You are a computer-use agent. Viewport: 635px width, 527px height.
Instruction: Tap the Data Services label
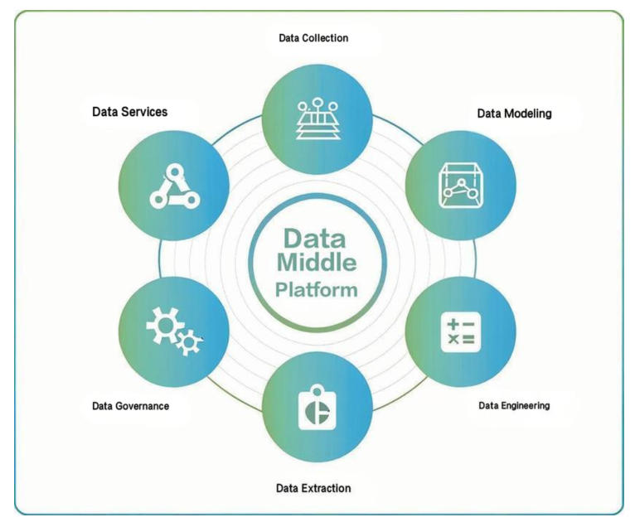click(129, 112)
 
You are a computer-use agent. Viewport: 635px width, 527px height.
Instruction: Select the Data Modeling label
click(514, 113)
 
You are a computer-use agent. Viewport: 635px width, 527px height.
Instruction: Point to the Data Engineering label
click(514, 406)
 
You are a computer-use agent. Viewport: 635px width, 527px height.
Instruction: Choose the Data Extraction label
click(313, 487)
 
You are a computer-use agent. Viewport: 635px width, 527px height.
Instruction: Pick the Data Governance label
click(130, 406)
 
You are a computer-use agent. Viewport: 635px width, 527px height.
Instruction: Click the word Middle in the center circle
click(317, 264)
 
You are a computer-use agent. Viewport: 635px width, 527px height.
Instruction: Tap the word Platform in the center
click(317, 290)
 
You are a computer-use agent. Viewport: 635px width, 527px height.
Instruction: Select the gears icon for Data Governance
click(173, 332)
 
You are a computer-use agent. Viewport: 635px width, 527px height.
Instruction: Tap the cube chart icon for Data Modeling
click(460, 186)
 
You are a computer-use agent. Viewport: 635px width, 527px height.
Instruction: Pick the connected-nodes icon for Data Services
click(173, 186)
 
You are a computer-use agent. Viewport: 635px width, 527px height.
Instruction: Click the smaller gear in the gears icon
click(190, 341)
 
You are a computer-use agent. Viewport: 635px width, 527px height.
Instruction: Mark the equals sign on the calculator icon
click(469, 341)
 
